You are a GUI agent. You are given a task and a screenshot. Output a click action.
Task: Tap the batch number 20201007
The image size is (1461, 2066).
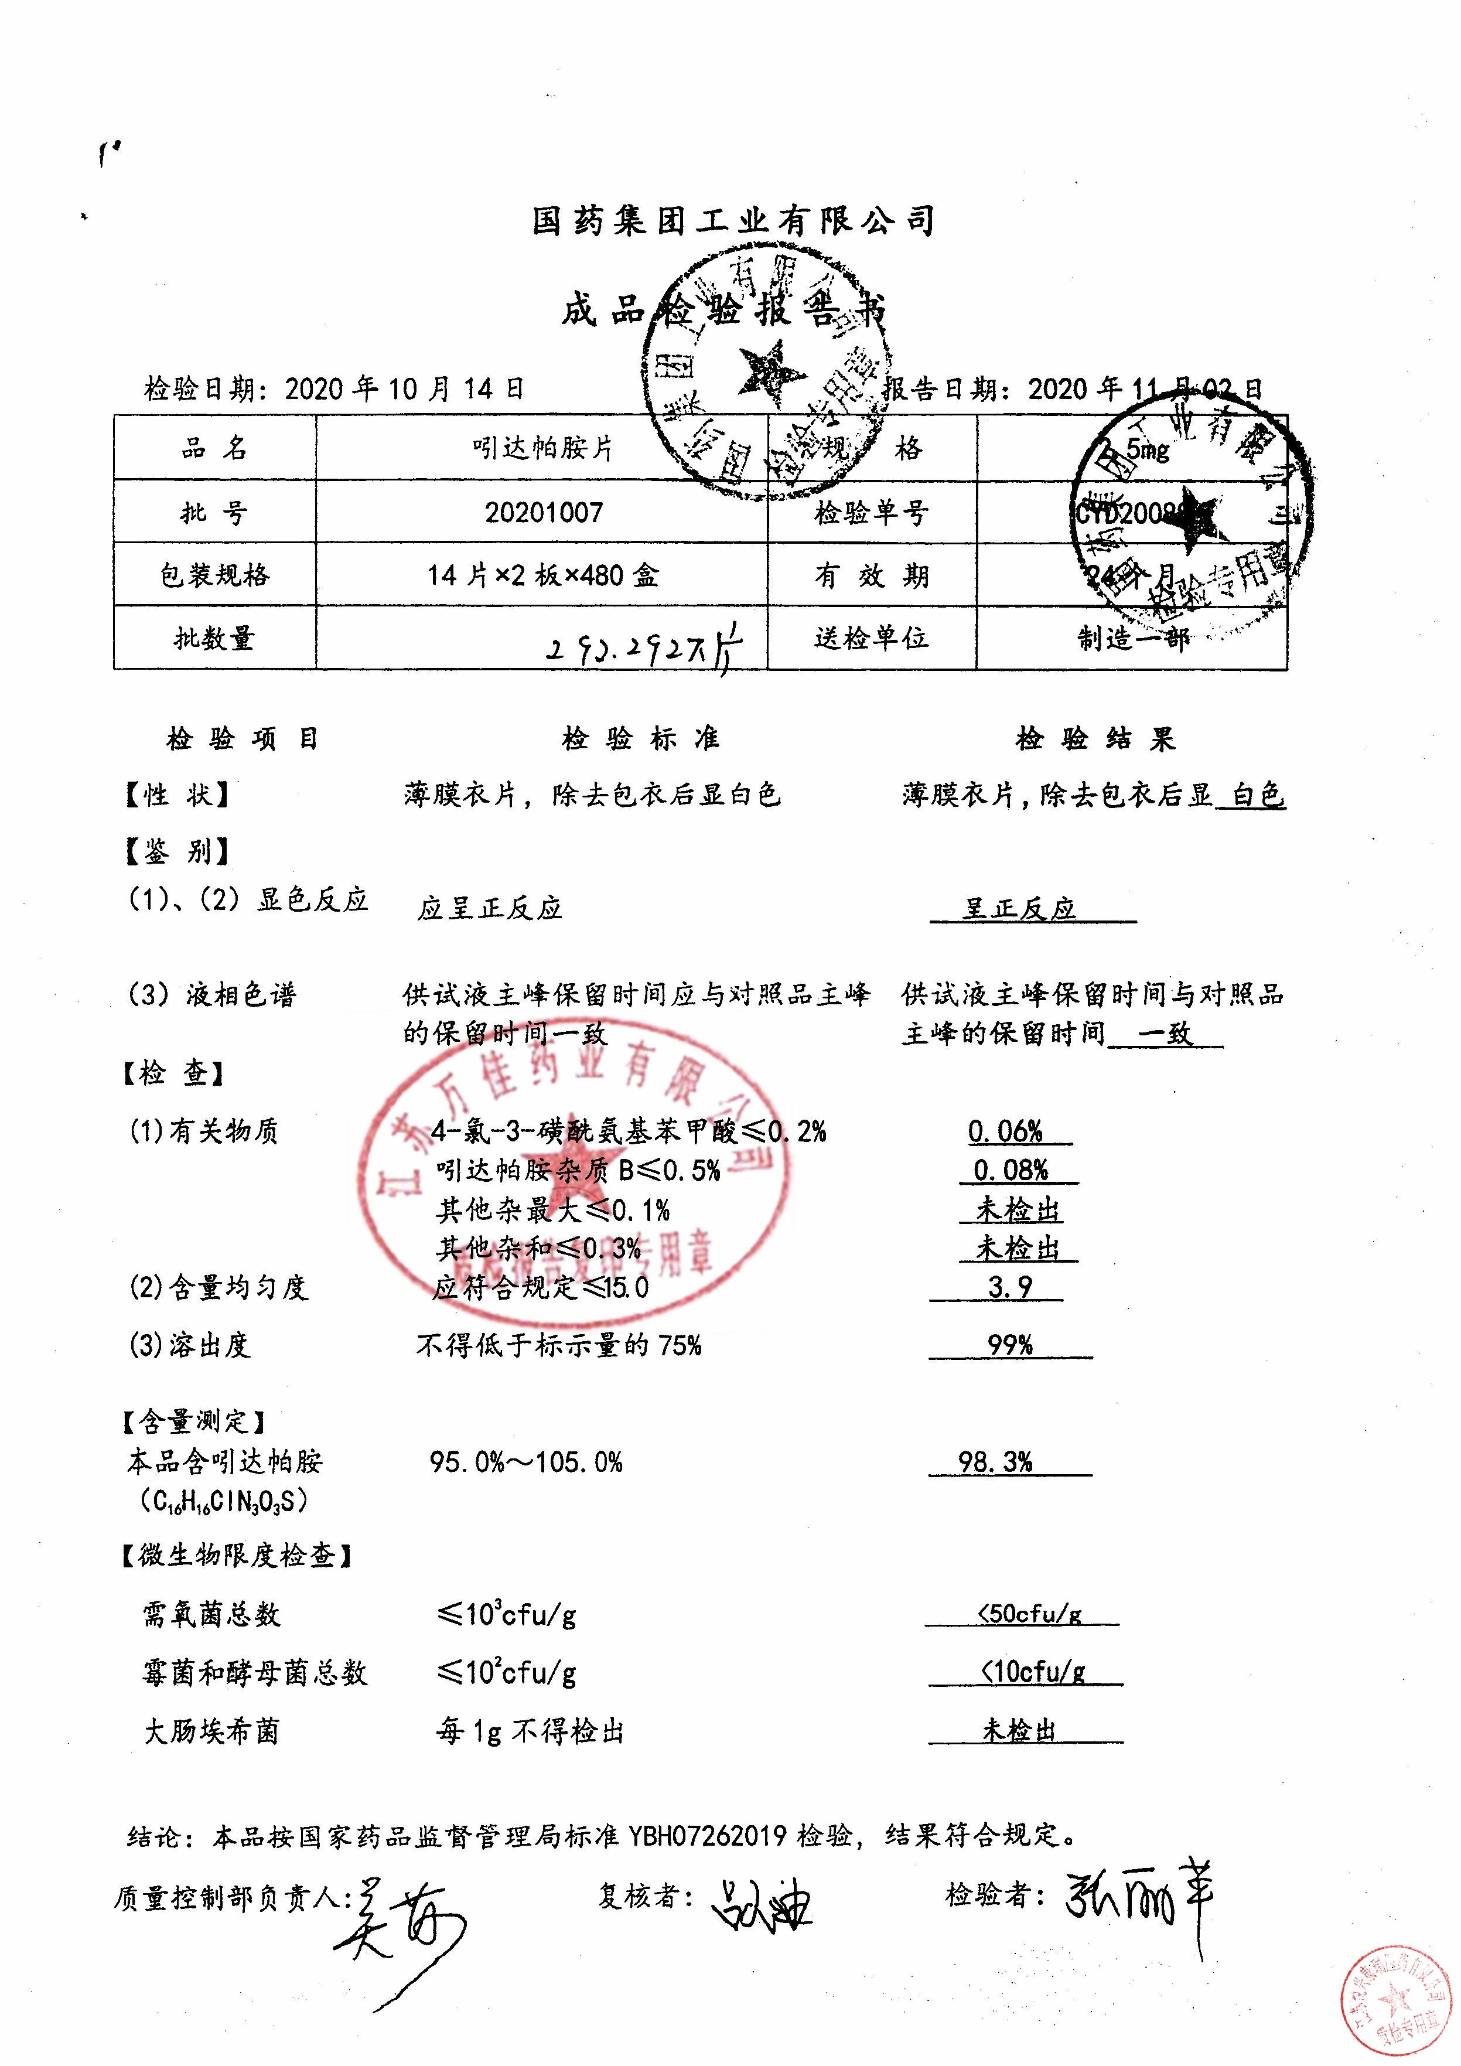pyautogui.click(x=544, y=512)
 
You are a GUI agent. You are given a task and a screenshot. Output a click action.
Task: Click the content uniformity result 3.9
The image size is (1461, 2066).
pyautogui.click(x=1009, y=1287)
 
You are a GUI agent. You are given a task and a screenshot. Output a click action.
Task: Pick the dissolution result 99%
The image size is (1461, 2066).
pyautogui.click(x=1009, y=1345)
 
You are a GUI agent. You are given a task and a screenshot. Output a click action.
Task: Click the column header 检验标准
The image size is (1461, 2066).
pyautogui.click(x=640, y=739)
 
